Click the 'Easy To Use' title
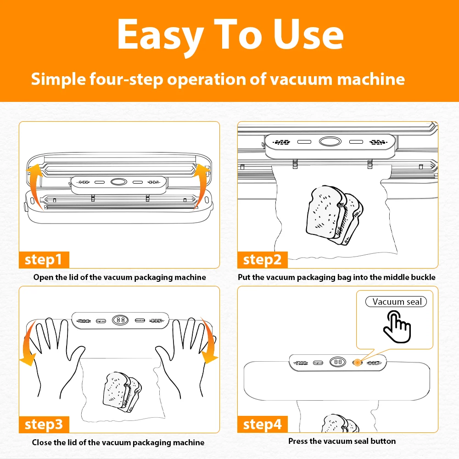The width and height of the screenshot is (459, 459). click(230, 35)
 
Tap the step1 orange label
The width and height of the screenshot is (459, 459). click(44, 260)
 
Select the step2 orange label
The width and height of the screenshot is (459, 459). click(262, 260)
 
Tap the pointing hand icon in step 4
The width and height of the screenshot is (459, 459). click(397, 325)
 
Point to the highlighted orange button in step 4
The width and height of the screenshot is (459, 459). click(357, 362)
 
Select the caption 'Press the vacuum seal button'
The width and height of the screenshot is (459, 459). click(342, 441)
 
